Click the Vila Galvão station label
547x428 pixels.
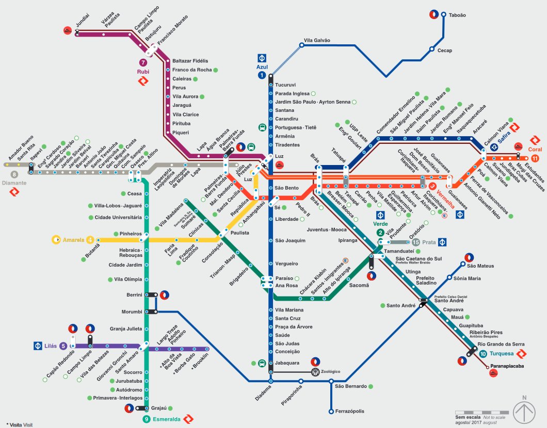pos(317,40)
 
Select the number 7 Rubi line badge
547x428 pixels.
pos(143,62)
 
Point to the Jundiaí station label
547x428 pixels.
pos(83,23)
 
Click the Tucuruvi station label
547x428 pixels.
pos(285,85)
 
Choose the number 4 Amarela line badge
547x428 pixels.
pos(90,240)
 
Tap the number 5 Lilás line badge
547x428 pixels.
pos(63,346)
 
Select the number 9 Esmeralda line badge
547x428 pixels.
pos(147,419)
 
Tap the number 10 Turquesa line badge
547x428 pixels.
pos(483,354)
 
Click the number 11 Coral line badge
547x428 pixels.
pos(535,158)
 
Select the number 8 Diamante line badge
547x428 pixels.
pos(14,175)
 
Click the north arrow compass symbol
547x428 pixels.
pos(524,411)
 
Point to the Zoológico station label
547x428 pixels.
pos(331,371)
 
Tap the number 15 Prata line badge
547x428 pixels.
pos(415,242)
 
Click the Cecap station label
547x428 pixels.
pos(444,51)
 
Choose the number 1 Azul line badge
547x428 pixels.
pos(262,75)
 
